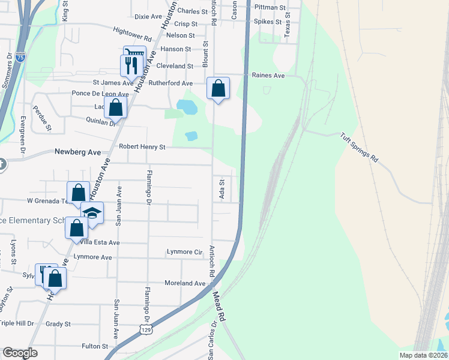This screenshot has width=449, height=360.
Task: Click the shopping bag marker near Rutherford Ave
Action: click(218, 88)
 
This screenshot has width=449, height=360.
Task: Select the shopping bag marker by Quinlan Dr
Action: click(116, 108)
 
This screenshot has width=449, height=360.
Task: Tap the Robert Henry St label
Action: click(142, 146)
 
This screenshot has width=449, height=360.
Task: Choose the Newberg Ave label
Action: click(77, 152)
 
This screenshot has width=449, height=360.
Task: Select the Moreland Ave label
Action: click(185, 283)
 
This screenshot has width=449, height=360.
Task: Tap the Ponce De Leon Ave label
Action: click(100, 94)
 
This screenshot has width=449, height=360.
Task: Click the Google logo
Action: click(20, 353)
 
